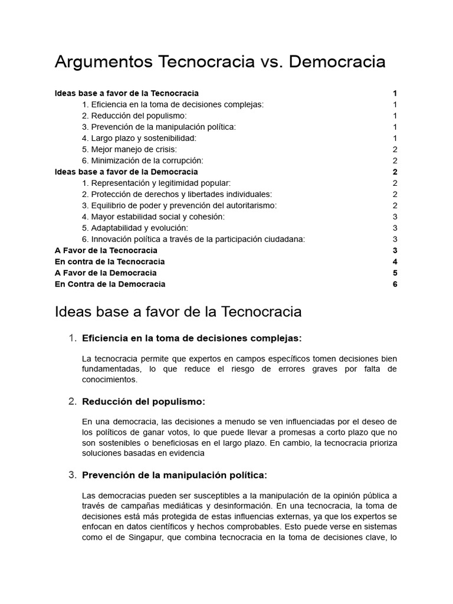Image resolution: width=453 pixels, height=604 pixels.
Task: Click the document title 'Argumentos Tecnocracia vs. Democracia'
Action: pos(220,62)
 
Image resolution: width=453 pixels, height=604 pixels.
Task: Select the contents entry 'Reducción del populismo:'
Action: pos(134,116)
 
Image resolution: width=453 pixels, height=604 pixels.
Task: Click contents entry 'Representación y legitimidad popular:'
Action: pos(156,183)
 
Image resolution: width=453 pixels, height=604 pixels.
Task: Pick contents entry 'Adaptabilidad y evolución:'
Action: pos(135,228)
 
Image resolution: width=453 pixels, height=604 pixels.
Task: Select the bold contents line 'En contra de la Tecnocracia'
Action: pos(110,261)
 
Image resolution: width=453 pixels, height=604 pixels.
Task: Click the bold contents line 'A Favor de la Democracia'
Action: pos(106,273)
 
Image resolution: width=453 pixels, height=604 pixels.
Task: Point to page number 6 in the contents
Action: pos(395,284)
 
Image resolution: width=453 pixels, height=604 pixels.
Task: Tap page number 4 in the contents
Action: pos(395,261)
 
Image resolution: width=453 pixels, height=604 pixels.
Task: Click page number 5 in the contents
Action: pos(395,273)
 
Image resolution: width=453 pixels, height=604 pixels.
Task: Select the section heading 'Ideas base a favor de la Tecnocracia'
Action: pos(178,311)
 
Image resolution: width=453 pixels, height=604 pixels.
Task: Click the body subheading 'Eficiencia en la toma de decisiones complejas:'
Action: pos(192,338)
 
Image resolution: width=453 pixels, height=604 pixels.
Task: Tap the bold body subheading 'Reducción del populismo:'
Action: pos(144,402)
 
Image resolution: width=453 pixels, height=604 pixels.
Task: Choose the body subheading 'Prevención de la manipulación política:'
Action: pos(175,475)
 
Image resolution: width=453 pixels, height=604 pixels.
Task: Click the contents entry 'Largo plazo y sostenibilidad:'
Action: pos(139,138)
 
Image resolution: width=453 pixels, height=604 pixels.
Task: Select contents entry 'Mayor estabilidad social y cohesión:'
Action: pos(153,216)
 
